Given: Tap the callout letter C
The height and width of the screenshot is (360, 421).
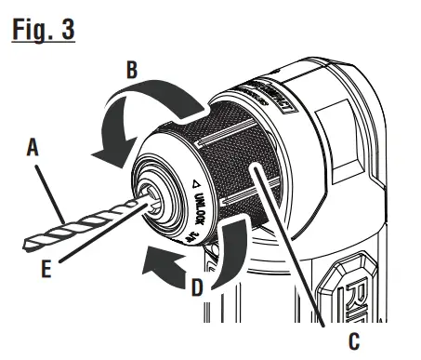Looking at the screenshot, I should click(x=352, y=341).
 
